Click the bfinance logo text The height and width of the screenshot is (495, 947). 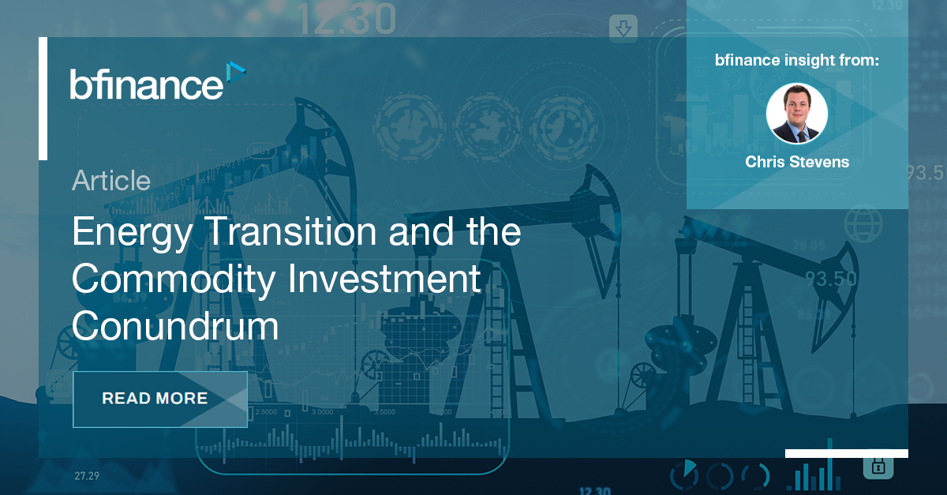point(146,84)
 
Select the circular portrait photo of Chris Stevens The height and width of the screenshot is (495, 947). point(796,114)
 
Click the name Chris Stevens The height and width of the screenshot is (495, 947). point(796,163)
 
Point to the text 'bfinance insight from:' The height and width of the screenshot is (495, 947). point(796,59)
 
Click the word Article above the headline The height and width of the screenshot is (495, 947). point(110,181)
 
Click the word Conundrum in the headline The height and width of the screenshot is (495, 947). point(175,325)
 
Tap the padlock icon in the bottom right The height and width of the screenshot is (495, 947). point(877,467)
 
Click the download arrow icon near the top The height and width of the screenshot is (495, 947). point(624,29)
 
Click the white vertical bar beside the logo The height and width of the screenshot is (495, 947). point(43,98)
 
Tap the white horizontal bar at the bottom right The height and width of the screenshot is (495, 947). point(846,453)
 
